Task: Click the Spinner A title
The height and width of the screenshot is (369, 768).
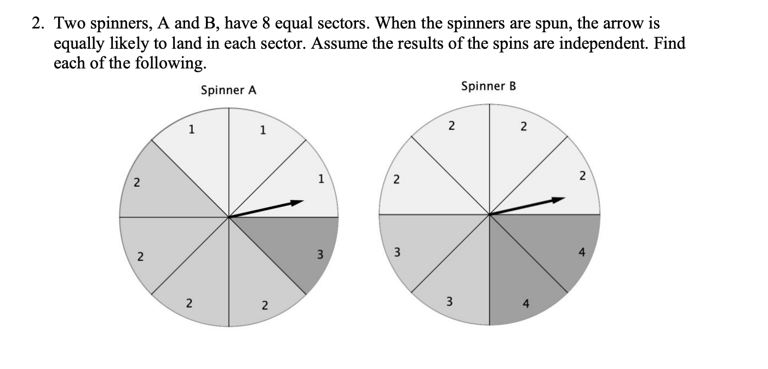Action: coord(228,90)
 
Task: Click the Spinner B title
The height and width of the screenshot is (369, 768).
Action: coord(489,87)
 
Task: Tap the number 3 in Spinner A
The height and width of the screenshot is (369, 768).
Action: coord(320,254)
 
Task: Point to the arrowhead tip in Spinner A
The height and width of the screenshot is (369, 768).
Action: coord(303,201)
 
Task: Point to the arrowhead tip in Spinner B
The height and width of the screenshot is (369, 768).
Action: coord(564,199)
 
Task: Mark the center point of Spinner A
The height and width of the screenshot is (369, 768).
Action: coord(229,217)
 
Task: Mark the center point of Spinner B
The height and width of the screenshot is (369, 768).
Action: coord(490,214)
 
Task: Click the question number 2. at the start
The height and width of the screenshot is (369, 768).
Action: coord(38,24)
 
